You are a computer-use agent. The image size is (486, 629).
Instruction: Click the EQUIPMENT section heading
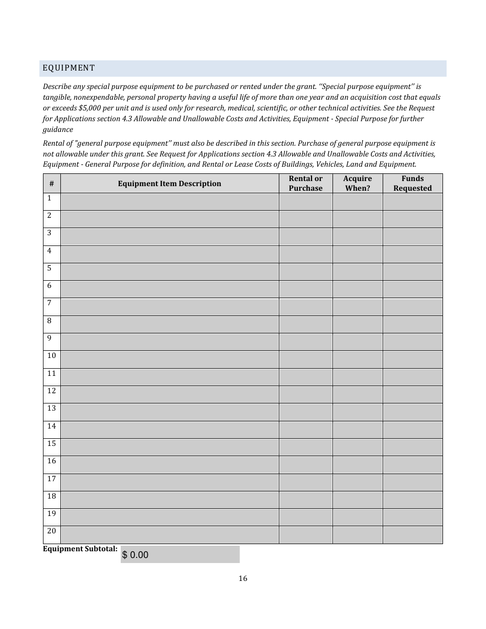(69, 68)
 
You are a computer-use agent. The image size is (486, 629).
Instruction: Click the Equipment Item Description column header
(169, 184)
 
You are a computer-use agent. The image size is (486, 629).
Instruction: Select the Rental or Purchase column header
(305, 184)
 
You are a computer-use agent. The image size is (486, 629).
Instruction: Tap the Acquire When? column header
(357, 184)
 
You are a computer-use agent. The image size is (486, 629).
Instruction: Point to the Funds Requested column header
(412, 184)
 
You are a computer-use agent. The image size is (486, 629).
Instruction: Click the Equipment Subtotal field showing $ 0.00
(180, 555)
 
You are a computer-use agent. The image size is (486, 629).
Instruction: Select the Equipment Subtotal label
(80, 549)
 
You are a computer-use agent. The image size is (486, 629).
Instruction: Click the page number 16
(242, 578)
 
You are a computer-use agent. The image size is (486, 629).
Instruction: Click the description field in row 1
(169, 202)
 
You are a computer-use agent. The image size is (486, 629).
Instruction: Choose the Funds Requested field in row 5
(412, 272)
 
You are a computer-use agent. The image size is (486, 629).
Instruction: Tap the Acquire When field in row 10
(357, 360)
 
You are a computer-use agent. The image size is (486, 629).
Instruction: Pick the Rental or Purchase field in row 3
(305, 237)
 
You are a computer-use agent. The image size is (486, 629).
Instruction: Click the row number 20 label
(52, 531)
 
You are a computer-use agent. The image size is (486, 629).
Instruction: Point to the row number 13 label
(52, 409)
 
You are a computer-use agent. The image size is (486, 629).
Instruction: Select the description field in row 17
(169, 482)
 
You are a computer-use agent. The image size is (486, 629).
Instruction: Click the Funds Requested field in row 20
(412, 535)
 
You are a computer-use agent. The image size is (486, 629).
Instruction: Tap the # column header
(52, 184)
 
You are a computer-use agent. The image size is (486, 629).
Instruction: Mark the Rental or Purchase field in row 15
(305, 447)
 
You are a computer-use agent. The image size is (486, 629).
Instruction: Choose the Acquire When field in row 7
(357, 307)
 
